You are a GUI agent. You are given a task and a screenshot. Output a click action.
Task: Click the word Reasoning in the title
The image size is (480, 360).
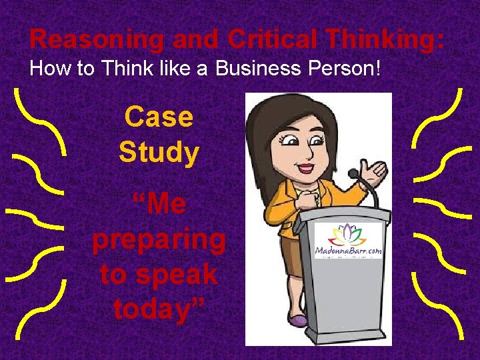pyautogui.click(x=95, y=39)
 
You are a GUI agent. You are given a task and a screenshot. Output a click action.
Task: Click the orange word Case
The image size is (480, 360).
pyautogui.click(x=159, y=118)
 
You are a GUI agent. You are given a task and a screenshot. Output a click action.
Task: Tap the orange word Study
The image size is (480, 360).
pyautogui.click(x=159, y=153)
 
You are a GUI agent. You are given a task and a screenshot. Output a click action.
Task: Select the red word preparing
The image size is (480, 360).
pyautogui.click(x=159, y=239)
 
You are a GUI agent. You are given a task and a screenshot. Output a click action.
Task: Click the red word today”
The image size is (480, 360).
pyautogui.click(x=159, y=309)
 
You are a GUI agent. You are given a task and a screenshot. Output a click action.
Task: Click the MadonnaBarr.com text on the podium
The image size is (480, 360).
pyautogui.click(x=348, y=251)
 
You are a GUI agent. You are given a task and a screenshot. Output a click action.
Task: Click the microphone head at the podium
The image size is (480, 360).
pyautogui.click(x=353, y=174)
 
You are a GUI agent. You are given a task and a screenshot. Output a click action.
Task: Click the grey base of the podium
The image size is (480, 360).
pyautogui.click(x=347, y=337)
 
